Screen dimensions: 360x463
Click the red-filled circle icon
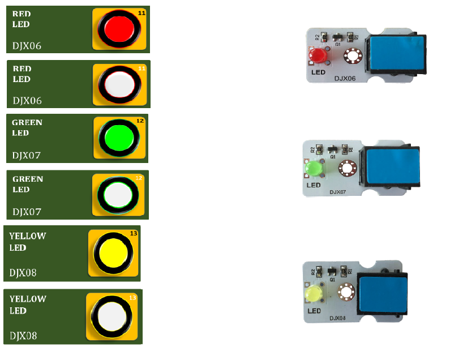(119, 27)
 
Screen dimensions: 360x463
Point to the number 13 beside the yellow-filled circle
(134, 233)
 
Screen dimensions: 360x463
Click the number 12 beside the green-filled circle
(140, 121)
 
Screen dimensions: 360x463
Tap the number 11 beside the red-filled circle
(142, 12)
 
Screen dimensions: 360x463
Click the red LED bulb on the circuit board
(316, 56)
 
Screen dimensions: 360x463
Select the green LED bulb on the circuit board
(313, 169)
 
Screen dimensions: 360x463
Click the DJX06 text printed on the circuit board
(345, 78)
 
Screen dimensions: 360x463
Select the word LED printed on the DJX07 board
(314, 185)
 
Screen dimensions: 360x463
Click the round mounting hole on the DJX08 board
(345, 292)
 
